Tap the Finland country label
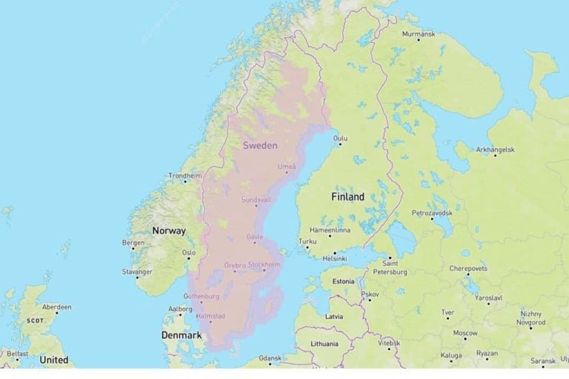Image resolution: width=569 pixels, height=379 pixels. pyautogui.click(x=347, y=197)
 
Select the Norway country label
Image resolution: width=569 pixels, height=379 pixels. pyautogui.click(x=169, y=231)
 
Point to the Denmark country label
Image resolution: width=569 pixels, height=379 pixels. pyautogui.click(x=182, y=335)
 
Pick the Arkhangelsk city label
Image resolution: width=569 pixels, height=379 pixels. pyautogui.click(x=495, y=150)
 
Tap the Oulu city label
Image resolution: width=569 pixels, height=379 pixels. pyautogui.click(x=340, y=138)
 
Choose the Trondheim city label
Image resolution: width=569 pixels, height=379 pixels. pyautogui.click(x=184, y=175)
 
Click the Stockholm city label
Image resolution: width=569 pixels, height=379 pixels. pyautogui.click(x=264, y=264)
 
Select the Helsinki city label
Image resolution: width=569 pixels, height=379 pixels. pyautogui.click(x=334, y=258)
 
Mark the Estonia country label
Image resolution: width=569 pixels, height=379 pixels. pyautogui.click(x=343, y=281)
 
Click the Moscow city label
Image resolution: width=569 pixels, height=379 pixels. pyautogui.click(x=465, y=333)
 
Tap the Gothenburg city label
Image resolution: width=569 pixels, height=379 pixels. pyautogui.click(x=201, y=296)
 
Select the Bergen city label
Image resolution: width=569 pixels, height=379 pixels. pyautogui.click(x=133, y=242)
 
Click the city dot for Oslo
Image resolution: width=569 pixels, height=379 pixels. pyautogui.click(x=188, y=258)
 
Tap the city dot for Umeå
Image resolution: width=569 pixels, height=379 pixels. pyautogui.click(x=287, y=172)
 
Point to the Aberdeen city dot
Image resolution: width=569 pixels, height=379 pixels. pyautogui.click(x=56, y=312)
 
